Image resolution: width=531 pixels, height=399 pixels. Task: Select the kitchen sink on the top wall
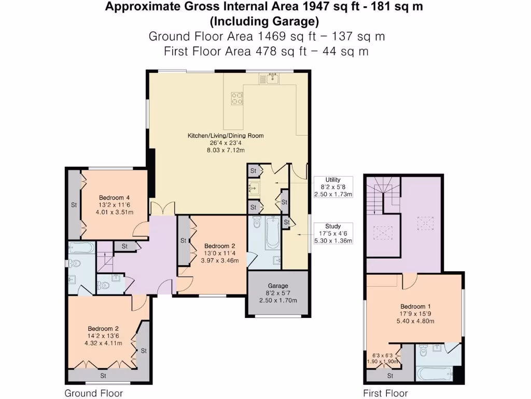click(270, 79)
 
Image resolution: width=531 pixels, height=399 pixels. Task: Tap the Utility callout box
click(333, 187)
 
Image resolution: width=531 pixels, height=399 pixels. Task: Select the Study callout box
click(333, 233)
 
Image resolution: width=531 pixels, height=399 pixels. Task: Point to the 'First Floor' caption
click(385, 393)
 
